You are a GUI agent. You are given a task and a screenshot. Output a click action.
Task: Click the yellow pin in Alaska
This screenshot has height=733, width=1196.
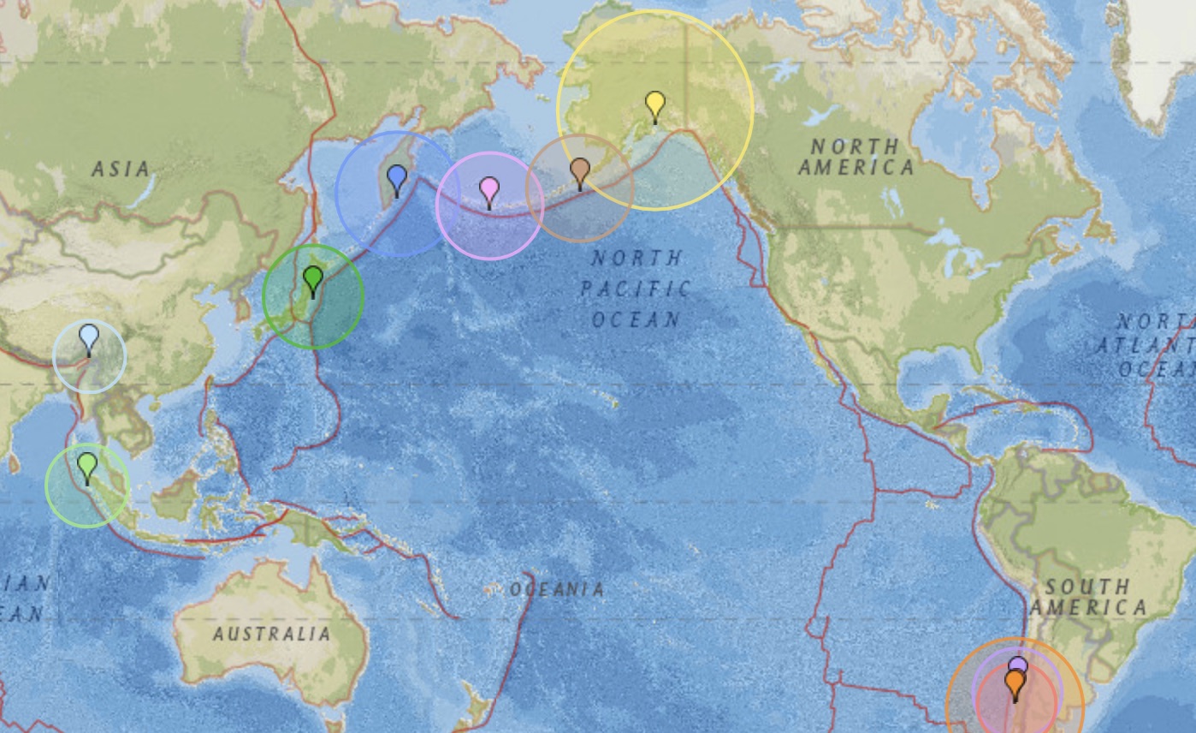(654, 105)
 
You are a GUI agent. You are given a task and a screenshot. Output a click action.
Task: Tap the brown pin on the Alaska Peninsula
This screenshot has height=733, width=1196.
(579, 170)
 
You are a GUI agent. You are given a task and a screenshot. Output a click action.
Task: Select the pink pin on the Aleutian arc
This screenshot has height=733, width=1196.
(488, 189)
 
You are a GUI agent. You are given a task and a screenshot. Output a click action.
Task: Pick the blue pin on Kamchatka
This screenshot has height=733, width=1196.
(396, 178)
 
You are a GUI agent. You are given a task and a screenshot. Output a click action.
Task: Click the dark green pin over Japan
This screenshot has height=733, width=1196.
(313, 278)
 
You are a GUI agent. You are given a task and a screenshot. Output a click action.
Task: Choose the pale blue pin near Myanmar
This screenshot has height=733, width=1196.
(89, 337)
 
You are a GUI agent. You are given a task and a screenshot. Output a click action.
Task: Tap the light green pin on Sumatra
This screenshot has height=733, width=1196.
(87, 466)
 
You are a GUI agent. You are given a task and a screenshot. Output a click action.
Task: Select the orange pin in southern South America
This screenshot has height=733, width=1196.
(1015, 682)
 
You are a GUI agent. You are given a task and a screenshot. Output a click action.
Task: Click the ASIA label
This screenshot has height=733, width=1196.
(121, 169)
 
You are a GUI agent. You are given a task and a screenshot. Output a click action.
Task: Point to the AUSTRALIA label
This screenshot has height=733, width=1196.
(271, 634)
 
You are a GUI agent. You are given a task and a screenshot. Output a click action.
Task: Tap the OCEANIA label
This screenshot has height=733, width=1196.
(557, 589)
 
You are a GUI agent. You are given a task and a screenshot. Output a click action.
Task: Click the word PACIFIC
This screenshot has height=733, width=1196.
(635, 289)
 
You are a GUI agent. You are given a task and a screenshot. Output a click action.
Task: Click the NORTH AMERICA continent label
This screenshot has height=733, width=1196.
(856, 157)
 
